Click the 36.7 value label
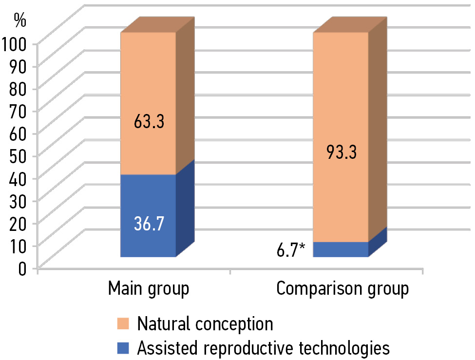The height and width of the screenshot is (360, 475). (148, 225)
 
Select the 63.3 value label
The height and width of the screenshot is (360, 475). (148, 121)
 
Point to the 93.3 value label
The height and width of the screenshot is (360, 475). (341, 152)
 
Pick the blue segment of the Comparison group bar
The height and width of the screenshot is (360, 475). (341, 249)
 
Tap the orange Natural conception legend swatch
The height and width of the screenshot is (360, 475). (124, 324)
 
